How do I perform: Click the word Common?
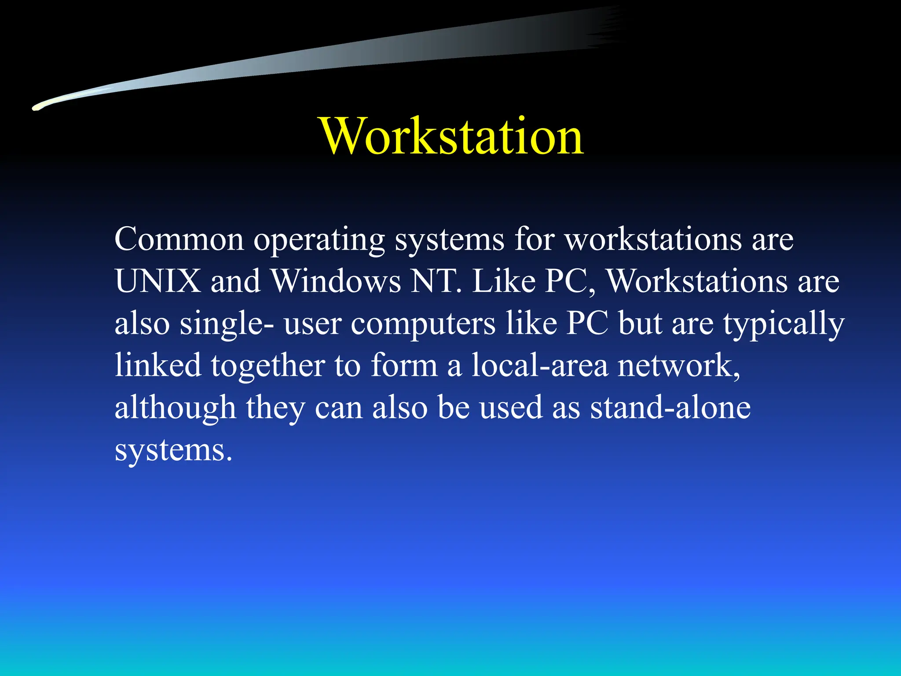click(x=179, y=239)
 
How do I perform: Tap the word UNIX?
click(x=157, y=281)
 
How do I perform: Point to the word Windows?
click(x=335, y=281)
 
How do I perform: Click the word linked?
click(x=158, y=365)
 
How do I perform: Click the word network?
click(x=679, y=365)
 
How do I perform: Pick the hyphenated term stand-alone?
click(x=670, y=408)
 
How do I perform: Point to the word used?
click(x=510, y=408)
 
